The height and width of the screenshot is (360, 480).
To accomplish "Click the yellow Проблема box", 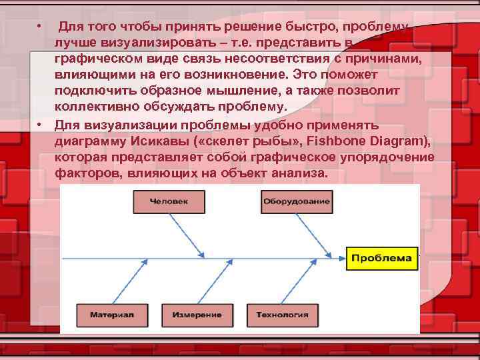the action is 382,257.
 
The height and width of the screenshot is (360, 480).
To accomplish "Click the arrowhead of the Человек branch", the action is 201,255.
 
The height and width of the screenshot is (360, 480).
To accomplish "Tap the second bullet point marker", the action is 41,125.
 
